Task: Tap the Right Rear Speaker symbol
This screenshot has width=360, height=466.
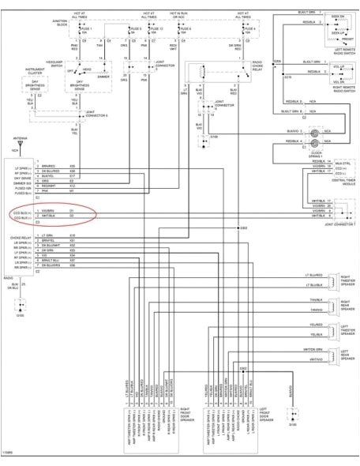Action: (x=335, y=304)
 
